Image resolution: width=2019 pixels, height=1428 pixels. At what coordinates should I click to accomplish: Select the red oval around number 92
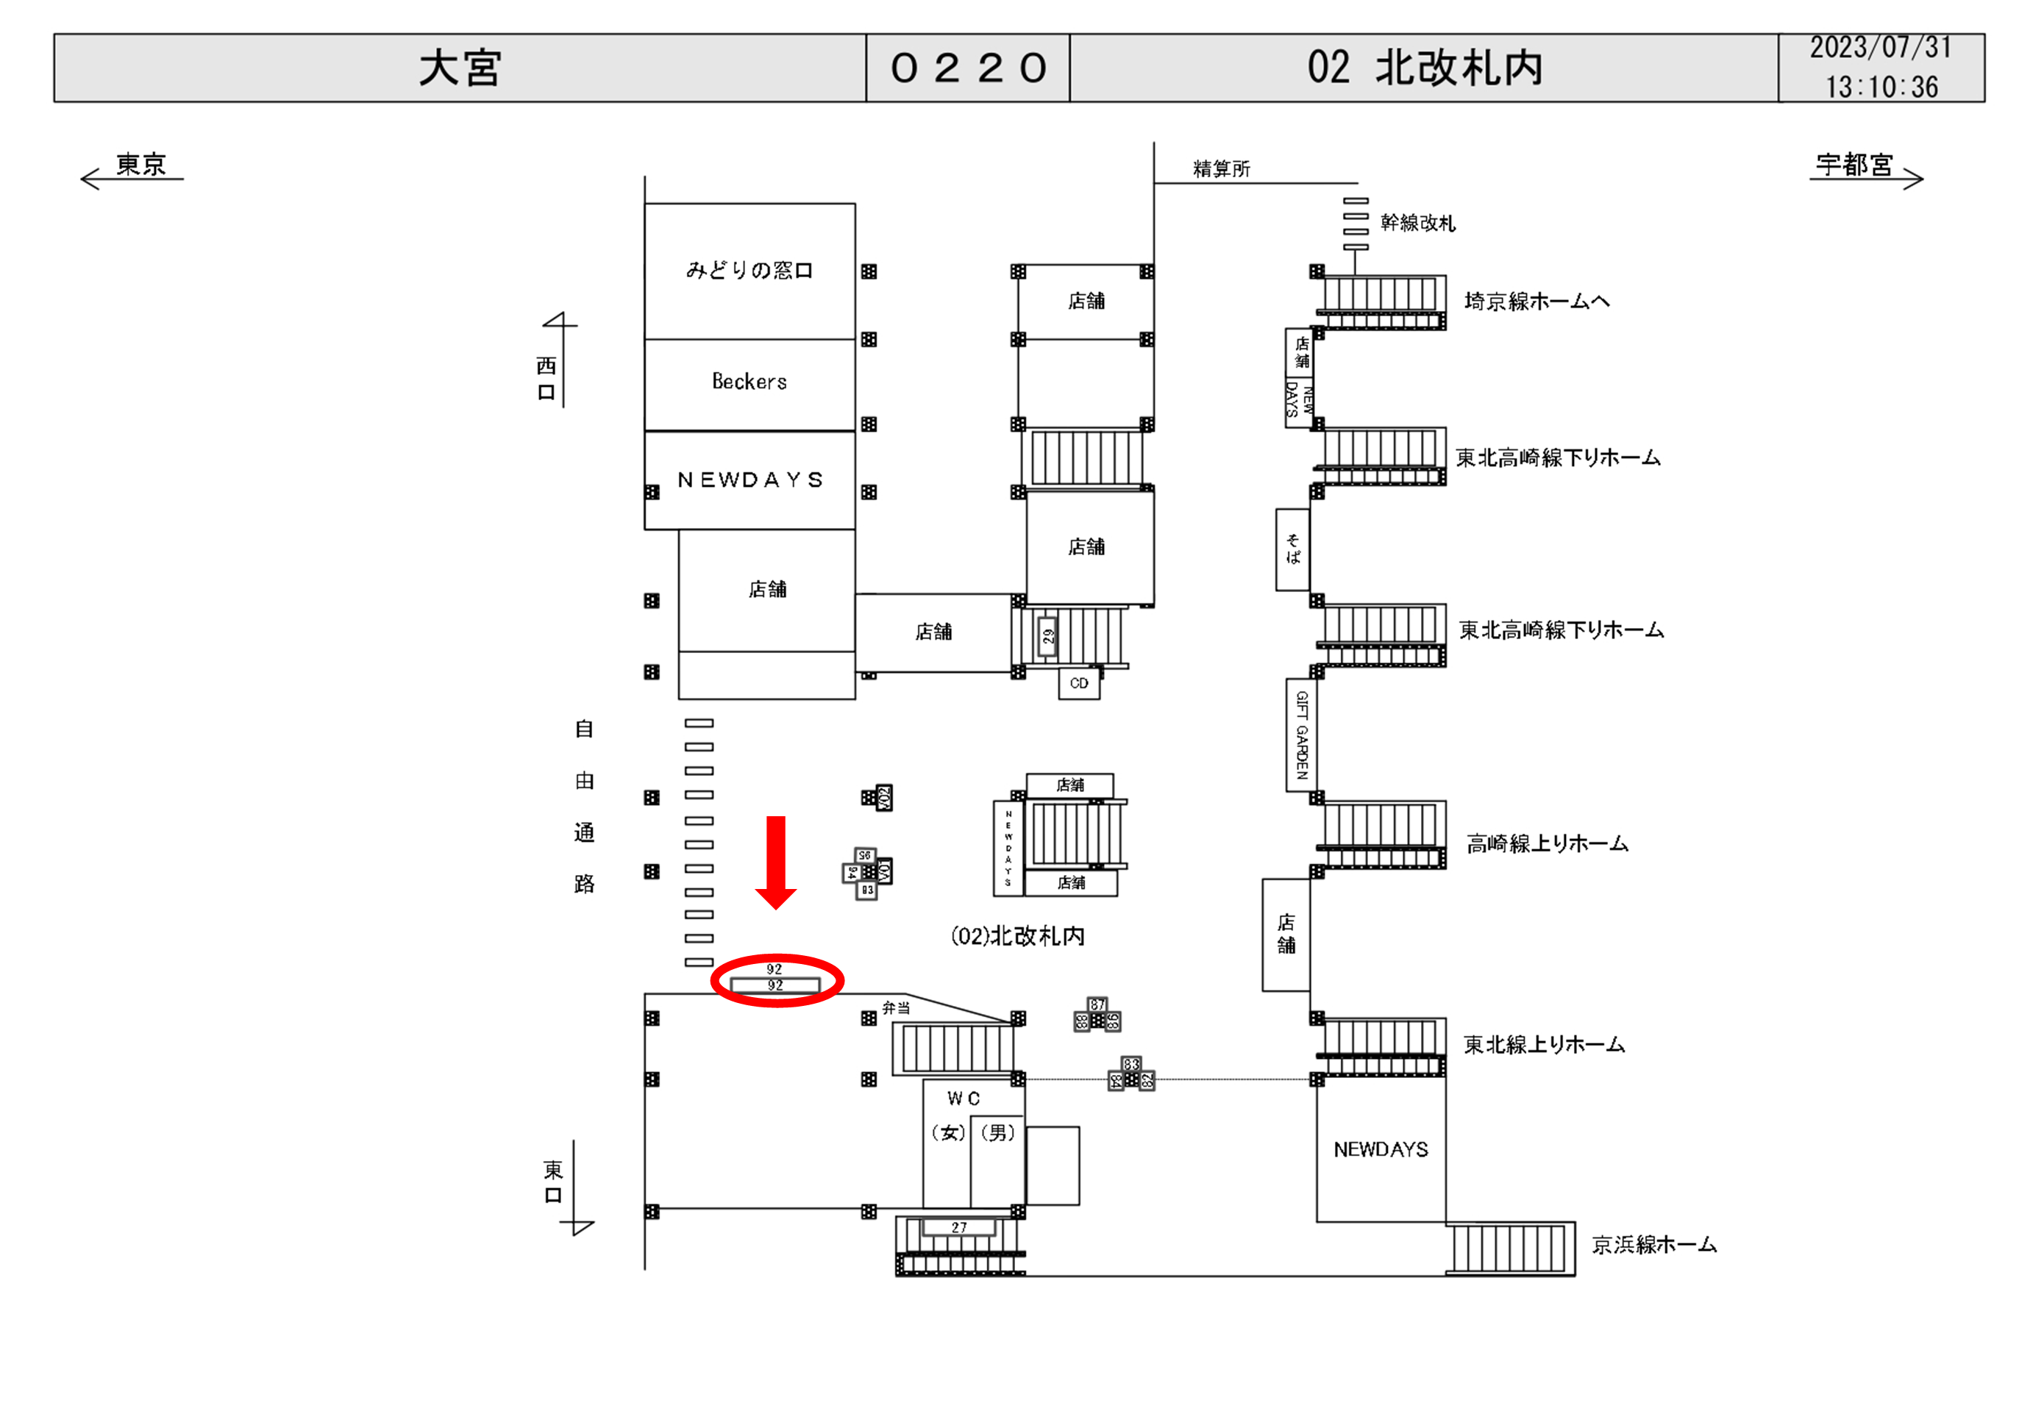coord(777,979)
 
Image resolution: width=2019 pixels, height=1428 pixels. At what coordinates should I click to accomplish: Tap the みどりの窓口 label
coord(749,270)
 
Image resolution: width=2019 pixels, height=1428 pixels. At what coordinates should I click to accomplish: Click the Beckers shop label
coord(749,382)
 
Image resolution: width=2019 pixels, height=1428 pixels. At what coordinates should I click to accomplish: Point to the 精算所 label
coord(1222,169)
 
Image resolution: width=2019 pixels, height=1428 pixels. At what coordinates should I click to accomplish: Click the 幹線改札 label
coord(1417,224)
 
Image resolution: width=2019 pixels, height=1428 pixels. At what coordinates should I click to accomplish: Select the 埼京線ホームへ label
coord(1536,301)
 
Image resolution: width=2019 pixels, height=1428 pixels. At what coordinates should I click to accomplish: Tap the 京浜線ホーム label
coord(1653,1245)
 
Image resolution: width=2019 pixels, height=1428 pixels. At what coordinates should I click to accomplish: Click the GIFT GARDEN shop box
coord(1301,735)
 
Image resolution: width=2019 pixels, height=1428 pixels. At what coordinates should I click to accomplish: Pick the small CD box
coord(1079,683)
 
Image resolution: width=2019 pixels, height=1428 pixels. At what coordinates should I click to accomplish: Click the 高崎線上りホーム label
coord(1547,844)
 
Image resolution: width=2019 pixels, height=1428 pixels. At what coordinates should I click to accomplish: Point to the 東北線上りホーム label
coord(1543,1045)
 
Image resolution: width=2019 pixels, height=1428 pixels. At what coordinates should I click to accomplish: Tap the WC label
coord(963,1099)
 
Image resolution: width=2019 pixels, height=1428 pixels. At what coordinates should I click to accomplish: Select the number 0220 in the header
coord(968,68)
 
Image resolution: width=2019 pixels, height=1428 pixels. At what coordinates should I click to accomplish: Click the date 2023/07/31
coord(1880,48)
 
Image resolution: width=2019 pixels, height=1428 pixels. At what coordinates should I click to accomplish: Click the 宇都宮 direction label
coord(1854,165)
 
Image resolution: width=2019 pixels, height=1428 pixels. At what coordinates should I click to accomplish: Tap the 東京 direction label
coord(141,165)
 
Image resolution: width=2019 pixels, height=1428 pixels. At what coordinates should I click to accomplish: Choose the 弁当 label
coord(896,1007)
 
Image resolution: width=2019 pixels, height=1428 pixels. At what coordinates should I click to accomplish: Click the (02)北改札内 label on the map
coord(1017,935)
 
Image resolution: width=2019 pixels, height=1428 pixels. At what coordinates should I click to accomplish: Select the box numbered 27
coord(958,1227)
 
